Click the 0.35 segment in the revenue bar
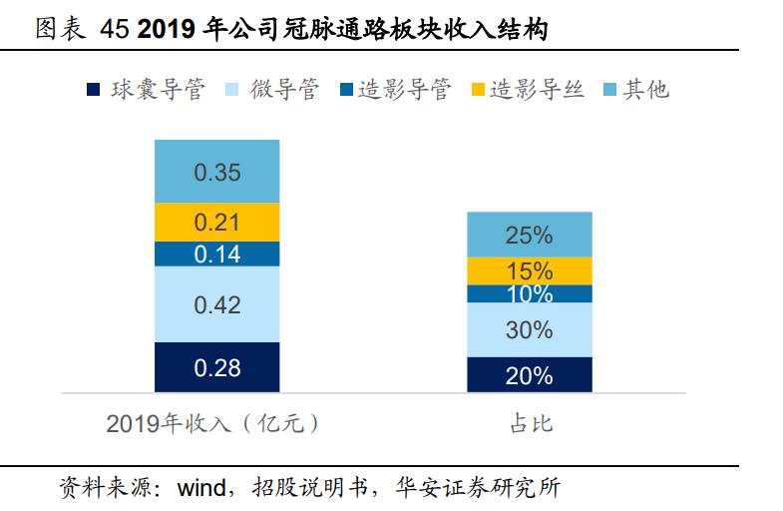tap(216, 172)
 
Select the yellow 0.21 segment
tap(216, 222)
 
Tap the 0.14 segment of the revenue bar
tap(216, 254)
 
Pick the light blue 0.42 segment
tap(216, 304)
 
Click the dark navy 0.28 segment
tap(216, 367)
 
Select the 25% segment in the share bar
tap(529, 235)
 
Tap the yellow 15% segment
tap(529, 270)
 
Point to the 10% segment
tap(529, 293)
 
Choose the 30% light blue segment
tap(529, 329)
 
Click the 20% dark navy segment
tap(529, 374)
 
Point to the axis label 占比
tap(530, 424)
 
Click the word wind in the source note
tap(202, 489)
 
